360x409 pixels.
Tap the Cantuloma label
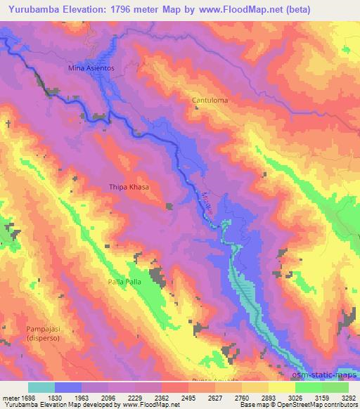click(x=210, y=100)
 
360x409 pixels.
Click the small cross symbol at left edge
click(x=8, y=124)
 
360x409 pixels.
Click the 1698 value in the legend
click(x=25, y=397)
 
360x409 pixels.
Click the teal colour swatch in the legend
click(x=41, y=387)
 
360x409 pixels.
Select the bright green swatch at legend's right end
click(x=335, y=387)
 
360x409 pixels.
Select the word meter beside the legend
click(x=10, y=397)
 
